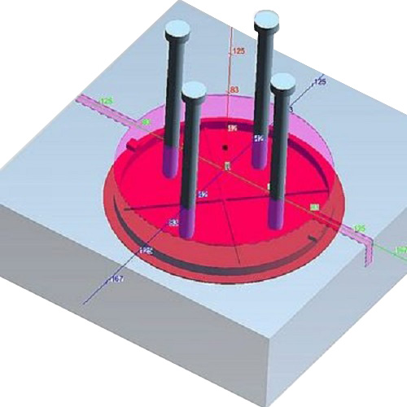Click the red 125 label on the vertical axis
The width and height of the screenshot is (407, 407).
pyautogui.click(x=239, y=52)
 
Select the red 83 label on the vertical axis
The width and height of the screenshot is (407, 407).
pyautogui.click(x=234, y=90)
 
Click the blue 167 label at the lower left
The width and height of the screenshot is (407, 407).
pyautogui.click(x=117, y=279)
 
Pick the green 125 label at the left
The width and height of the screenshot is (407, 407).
pyautogui.click(x=106, y=101)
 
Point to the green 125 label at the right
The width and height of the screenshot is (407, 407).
pyautogui.click(x=357, y=229)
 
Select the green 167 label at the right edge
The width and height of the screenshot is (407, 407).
pyautogui.click(x=400, y=249)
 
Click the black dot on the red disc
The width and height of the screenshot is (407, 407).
pyautogui.click(x=225, y=148)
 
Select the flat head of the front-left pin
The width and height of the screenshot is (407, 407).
pyautogui.click(x=194, y=90)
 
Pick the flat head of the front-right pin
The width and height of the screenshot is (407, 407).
pyautogui.click(x=282, y=81)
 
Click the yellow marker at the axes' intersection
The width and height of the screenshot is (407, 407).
pyautogui.click(x=227, y=166)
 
